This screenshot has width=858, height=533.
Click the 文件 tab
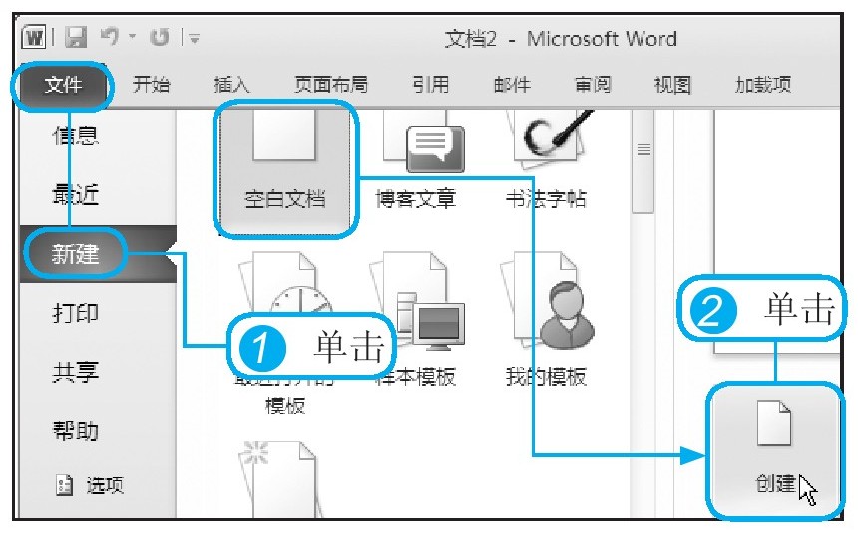click(62, 85)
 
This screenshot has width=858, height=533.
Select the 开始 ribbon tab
click(151, 85)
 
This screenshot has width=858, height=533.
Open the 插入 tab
click(231, 85)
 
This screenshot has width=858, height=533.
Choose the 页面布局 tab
click(330, 85)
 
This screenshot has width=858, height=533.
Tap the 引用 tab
click(430, 85)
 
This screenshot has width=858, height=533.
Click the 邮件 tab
click(512, 85)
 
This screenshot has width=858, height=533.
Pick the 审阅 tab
click(593, 85)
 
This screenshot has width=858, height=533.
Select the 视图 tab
click(672, 85)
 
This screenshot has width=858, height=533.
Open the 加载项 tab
click(762, 85)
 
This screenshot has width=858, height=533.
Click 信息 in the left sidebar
click(76, 136)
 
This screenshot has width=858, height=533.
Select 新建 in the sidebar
click(76, 254)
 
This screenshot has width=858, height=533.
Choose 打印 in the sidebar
click(76, 313)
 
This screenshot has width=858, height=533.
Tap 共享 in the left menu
click(76, 373)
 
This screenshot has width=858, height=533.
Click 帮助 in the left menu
click(76, 431)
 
